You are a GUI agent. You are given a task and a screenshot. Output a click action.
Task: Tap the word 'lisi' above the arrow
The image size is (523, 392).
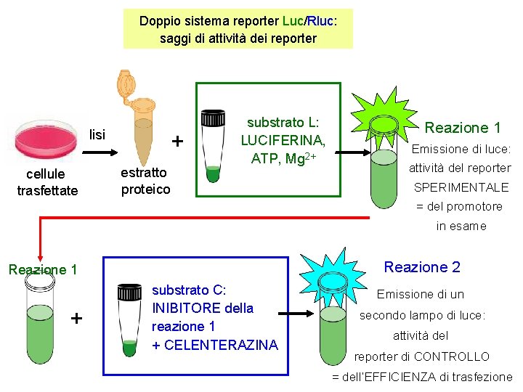[97, 134]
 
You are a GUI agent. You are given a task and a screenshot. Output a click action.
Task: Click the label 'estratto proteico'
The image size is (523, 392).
[145, 181]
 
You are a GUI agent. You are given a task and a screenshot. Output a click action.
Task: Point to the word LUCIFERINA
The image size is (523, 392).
[283, 140]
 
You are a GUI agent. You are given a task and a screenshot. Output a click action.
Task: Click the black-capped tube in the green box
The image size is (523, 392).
[213, 145]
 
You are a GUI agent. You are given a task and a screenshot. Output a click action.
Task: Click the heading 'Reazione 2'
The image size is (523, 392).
[421, 267]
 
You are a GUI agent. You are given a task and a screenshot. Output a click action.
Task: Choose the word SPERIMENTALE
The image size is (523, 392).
[461, 187]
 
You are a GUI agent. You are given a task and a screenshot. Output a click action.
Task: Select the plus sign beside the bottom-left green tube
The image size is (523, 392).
[77, 319]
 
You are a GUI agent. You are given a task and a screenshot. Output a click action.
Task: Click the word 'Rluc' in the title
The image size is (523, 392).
[320, 20]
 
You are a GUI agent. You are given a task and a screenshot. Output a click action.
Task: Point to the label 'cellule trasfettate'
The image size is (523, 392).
[47, 182]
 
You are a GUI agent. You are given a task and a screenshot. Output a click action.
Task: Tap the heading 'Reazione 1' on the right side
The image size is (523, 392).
[463, 128]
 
